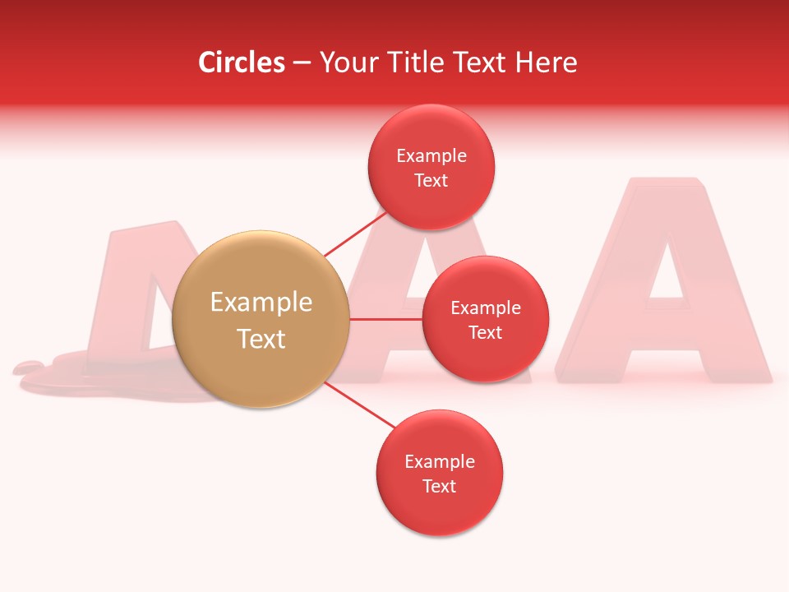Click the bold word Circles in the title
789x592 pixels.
point(242,62)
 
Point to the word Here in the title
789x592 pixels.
point(547,62)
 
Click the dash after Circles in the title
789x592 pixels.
point(302,63)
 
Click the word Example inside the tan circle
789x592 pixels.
point(261,303)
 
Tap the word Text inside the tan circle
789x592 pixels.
point(261,339)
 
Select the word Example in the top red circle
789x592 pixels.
point(431,156)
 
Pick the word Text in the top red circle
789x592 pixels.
point(431,180)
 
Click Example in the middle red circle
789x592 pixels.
point(486,308)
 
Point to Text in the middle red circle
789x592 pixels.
point(486,332)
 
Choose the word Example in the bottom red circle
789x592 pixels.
point(440,462)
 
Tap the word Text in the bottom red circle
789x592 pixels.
point(440,486)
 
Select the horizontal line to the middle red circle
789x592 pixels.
point(386,319)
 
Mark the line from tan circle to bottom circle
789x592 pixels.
point(358,404)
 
